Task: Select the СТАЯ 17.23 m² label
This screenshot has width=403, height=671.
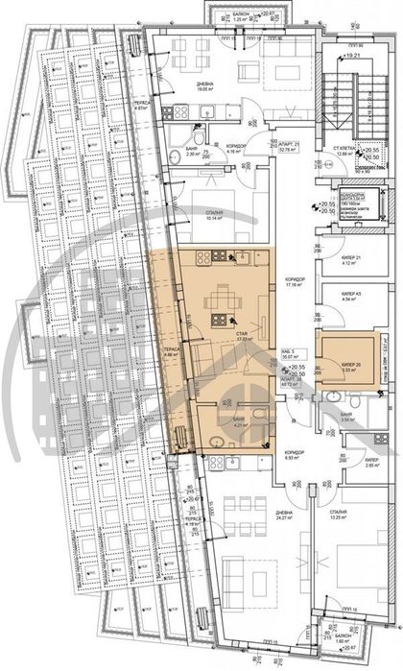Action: click(x=244, y=336)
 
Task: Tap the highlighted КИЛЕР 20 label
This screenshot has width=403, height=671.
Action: click(x=351, y=366)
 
